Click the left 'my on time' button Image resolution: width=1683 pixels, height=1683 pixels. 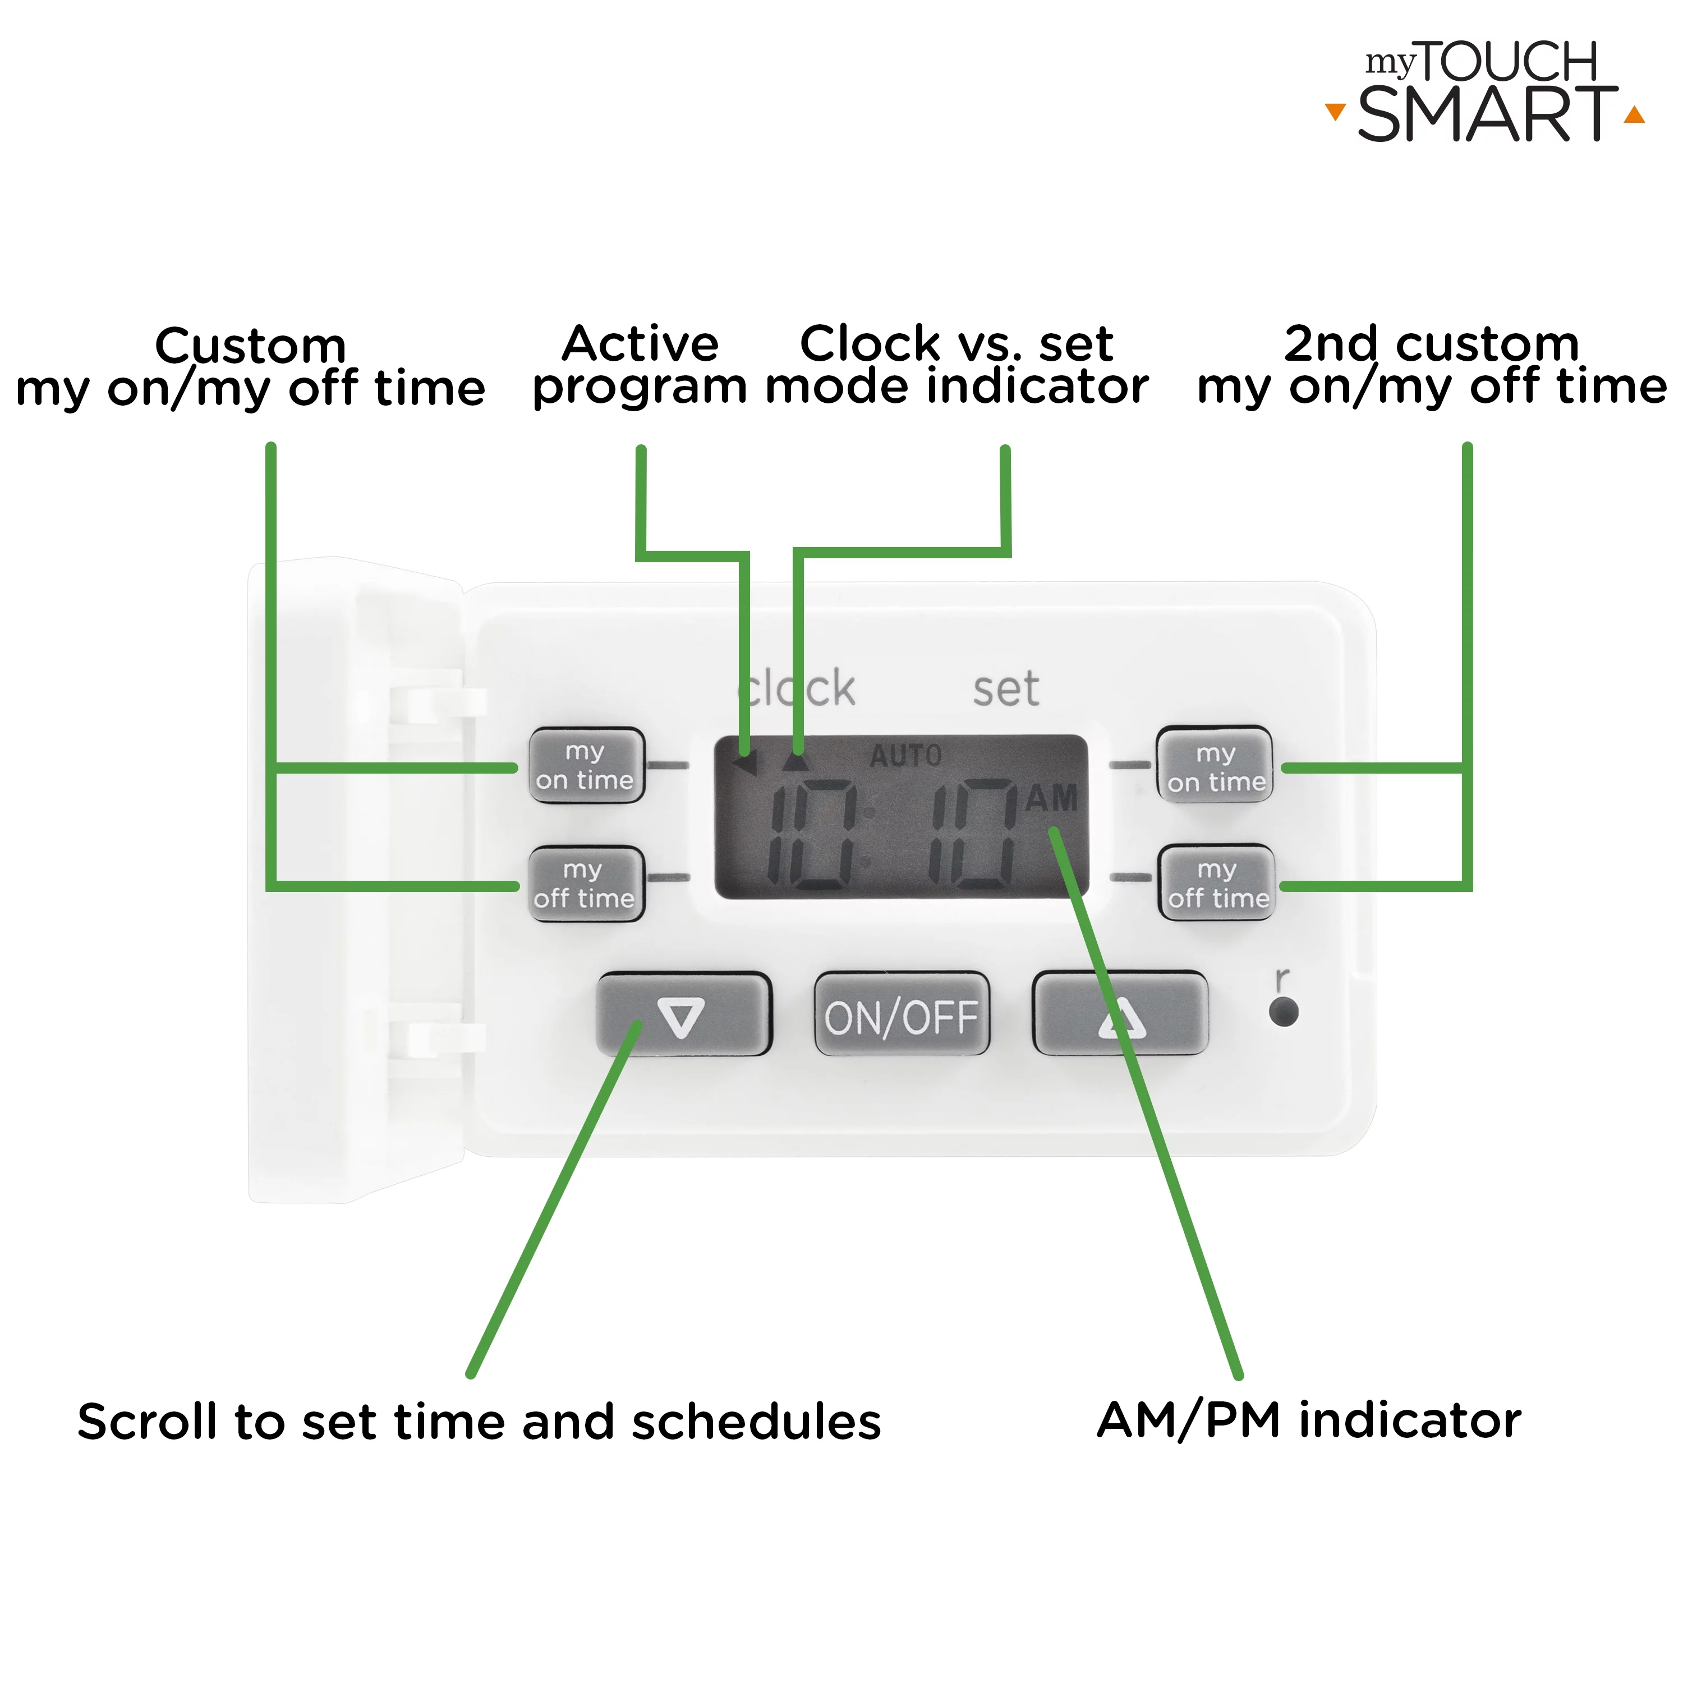[x=586, y=766]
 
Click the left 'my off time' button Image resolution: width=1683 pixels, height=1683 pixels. [x=586, y=884]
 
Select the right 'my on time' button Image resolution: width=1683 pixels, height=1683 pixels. [x=1215, y=766]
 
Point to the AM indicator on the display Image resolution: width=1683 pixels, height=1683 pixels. [x=1051, y=797]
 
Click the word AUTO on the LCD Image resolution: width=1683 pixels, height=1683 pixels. [x=906, y=755]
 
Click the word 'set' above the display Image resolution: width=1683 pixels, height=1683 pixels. [x=1006, y=689]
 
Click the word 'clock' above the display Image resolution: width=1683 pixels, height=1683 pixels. [x=797, y=689]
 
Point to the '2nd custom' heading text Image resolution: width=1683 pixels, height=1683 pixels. [x=1431, y=343]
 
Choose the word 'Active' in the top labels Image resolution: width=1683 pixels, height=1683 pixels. [x=640, y=343]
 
